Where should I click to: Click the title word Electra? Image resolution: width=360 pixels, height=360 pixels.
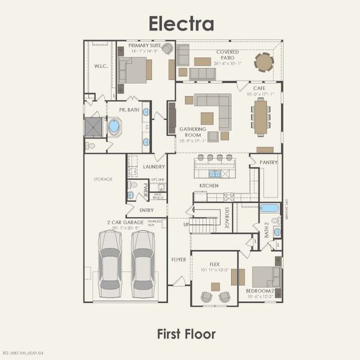(181, 23)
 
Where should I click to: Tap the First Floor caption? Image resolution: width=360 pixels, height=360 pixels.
(186, 334)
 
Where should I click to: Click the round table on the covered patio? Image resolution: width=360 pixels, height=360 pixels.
(263, 62)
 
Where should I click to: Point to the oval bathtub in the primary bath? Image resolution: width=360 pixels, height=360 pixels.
(114, 126)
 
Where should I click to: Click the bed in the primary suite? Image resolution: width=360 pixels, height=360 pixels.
(135, 71)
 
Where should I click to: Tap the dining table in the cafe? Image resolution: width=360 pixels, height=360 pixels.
(260, 116)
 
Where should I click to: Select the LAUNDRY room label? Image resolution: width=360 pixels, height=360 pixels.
(154, 167)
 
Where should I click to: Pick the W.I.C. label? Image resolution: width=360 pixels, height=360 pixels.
(100, 67)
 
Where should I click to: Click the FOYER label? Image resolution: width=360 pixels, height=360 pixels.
(179, 260)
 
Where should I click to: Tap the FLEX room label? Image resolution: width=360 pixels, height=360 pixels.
(215, 264)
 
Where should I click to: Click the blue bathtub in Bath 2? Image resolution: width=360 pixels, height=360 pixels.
(269, 208)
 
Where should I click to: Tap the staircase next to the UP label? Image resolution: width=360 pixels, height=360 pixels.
(204, 225)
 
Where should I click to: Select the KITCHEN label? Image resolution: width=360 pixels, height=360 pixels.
(209, 186)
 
